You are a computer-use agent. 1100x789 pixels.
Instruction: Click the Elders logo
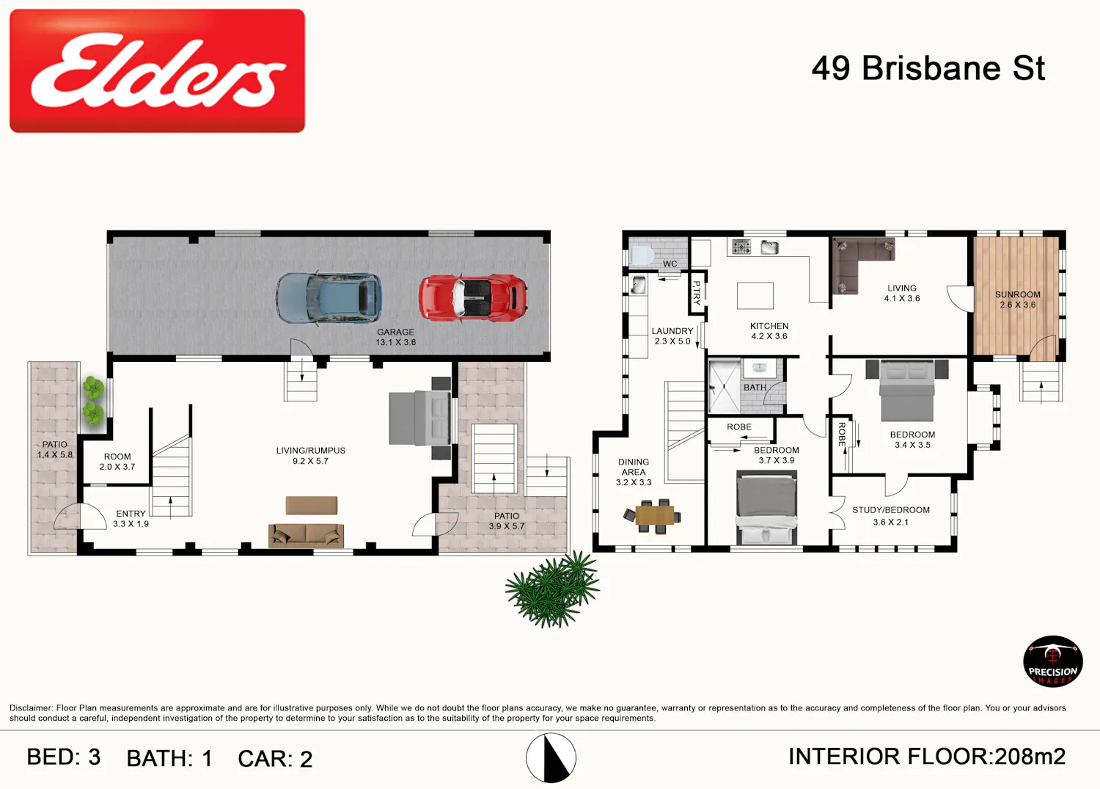[x=157, y=70]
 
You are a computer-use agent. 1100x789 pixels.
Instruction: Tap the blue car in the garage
[x=329, y=299]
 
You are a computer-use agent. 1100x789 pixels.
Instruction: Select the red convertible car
[x=473, y=298]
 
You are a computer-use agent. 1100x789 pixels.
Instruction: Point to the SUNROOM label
[x=1018, y=294]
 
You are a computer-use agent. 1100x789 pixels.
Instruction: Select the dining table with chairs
[x=653, y=516]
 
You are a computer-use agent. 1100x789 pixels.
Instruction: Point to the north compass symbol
[x=551, y=758]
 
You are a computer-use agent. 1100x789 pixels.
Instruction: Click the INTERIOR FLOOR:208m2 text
[x=927, y=757]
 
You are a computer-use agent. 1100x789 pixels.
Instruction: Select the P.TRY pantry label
[x=697, y=293]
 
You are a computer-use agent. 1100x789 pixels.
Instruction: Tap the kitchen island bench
[x=755, y=296]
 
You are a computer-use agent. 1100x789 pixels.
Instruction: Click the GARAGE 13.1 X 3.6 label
[x=396, y=337]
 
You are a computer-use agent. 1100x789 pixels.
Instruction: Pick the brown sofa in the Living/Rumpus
[x=306, y=535]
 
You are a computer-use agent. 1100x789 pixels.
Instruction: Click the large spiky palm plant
[x=552, y=589]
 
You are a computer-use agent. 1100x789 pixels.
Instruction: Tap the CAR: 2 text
[x=275, y=759]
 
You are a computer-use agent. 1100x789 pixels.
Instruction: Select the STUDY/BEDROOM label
[x=891, y=510]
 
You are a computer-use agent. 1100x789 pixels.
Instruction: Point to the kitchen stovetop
[x=741, y=247]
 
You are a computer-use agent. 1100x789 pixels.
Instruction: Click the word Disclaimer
[x=31, y=708]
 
